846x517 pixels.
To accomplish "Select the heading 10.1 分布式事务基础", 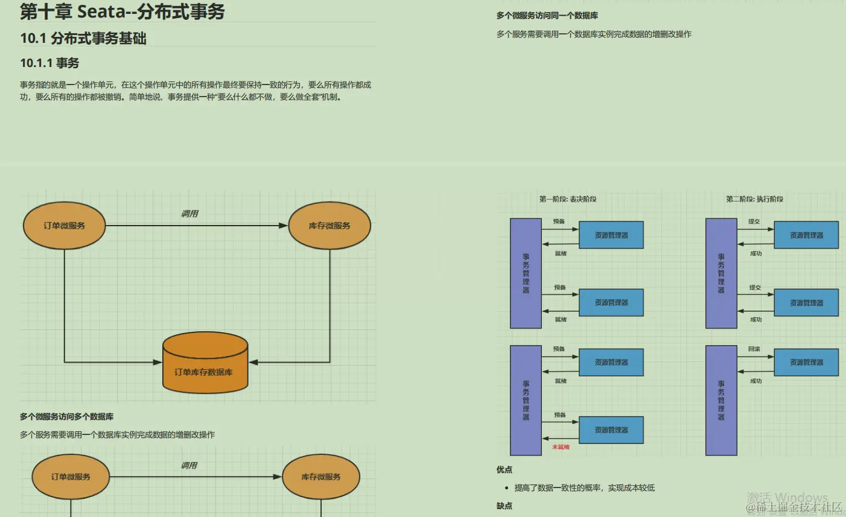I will (83, 39).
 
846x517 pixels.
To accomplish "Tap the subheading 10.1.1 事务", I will (49, 63).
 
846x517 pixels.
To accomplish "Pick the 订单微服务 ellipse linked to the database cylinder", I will (64, 226).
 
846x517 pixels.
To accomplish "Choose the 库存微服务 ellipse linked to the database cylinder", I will (329, 226).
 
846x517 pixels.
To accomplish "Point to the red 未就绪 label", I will (561, 447).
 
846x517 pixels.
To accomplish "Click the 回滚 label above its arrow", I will (754, 349).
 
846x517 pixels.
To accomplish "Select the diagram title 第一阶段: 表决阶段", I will (568, 199).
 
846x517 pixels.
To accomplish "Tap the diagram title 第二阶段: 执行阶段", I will (754, 199).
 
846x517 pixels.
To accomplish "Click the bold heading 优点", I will (504, 469).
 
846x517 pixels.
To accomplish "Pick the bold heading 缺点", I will (504, 506).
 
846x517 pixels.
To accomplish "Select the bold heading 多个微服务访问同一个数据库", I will (547, 16).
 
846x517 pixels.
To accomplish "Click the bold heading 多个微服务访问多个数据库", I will (66, 417).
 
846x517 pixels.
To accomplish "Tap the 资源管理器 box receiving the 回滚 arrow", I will (806, 363).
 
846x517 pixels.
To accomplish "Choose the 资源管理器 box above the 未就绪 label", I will (611, 430).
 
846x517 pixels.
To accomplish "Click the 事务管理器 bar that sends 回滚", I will (721, 400).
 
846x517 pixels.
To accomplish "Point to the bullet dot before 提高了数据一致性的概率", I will (506, 488).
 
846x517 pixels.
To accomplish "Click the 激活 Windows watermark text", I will (787, 498).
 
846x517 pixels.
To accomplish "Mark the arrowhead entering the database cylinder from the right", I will (253, 363).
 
